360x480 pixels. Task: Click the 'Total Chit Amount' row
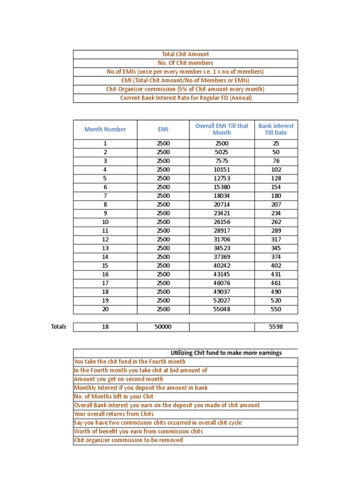click(185, 54)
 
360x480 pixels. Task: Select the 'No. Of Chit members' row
click(185, 63)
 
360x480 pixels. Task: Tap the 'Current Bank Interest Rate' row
click(185, 98)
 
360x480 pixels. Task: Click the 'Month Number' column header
click(105, 129)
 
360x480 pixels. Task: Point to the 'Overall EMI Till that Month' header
click(222, 129)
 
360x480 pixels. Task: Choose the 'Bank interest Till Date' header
click(276, 129)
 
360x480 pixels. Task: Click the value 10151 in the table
click(222, 170)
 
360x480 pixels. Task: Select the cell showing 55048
click(222, 309)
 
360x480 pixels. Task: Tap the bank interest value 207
click(276, 204)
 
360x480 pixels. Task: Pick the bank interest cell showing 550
click(276, 309)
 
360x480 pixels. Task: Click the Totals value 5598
click(276, 327)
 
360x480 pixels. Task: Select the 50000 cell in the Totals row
click(163, 327)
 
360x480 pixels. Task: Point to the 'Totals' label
click(59, 327)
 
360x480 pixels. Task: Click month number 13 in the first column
click(105, 248)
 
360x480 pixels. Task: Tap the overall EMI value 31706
click(222, 240)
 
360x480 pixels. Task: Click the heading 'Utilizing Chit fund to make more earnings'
click(226, 353)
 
